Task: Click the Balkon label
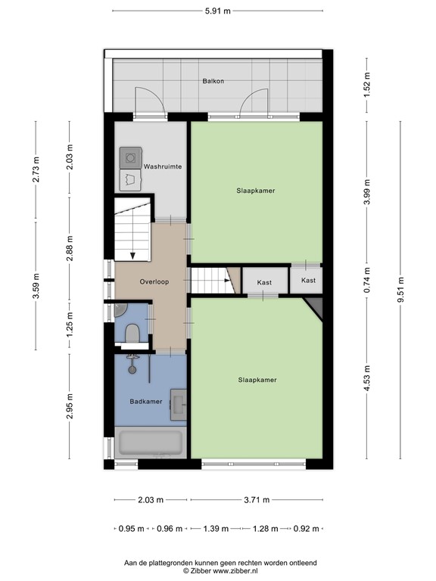pyautogui.click(x=213, y=81)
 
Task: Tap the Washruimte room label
pyautogui.click(x=163, y=165)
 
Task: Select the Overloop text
pyautogui.click(x=154, y=281)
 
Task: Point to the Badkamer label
pyautogui.click(x=145, y=402)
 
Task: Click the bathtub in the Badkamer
pyautogui.click(x=150, y=443)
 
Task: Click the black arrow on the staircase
pyautogui.click(x=132, y=253)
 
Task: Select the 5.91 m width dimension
pyautogui.click(x=217, y=11)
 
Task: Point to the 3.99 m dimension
pyautogui.click(x=368, y=191)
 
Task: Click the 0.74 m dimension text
pyautogui.click(x=368, y=281)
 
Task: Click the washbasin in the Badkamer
pyautogui.click(x=178, y=402)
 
